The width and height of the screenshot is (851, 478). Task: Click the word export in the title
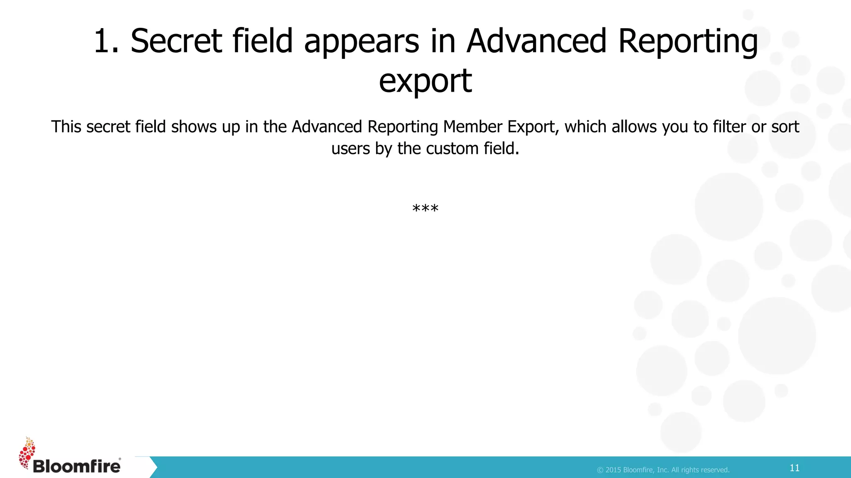[x=425, y=81]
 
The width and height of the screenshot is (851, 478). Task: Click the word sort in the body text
[x=785, y=127]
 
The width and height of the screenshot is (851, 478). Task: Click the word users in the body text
[x=350, y=149]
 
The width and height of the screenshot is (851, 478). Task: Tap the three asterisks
[x=425, y=208]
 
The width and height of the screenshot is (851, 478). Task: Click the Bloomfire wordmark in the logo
[x=76, y=466]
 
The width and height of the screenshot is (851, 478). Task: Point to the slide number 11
[x=794, y=468]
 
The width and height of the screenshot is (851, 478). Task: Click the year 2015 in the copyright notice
[x=613, y=470]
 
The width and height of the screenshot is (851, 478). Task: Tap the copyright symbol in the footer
[x=600, y=470]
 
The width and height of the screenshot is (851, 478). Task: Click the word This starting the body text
[x=66, y=127]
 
